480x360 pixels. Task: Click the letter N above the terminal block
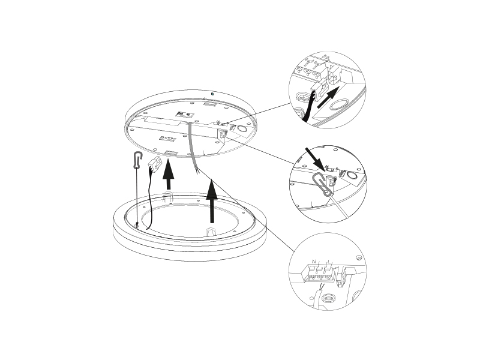[x=314, y=262]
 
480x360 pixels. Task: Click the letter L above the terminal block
[x=328, y=262]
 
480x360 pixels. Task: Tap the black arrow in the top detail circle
[x=328, y=97]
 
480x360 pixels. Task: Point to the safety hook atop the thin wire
[x=138, y=160]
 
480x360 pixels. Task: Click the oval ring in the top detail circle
[x=338, y=106]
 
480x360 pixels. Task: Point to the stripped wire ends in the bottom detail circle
[x=321, y=287]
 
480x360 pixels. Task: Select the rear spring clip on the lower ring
[x=167, y=197]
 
